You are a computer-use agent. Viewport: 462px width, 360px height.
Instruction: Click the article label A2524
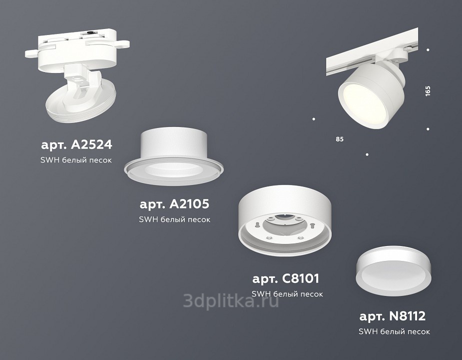point(76,144)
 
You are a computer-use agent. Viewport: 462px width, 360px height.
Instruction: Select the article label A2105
point(174,204)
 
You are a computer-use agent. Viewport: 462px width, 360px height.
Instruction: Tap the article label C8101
point(286,278)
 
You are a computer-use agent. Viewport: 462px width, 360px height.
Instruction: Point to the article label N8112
point(393,316)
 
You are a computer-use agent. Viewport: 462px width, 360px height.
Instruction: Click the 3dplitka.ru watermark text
point(231,300)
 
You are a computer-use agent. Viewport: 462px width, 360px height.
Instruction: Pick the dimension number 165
point(428,90)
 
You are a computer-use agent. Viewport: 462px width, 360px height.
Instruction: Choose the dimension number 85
point(340,139)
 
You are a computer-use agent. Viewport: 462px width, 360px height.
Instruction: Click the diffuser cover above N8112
point(394,270)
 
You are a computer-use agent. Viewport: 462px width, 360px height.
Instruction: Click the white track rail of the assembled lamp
point(372,51)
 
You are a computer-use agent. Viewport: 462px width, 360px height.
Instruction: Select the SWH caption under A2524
point(76,160)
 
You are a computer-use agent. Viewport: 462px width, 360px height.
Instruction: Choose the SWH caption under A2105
point(174,219)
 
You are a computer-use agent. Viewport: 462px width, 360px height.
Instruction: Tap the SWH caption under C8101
point(287,294)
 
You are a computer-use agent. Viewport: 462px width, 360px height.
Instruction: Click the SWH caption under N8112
point(394,331)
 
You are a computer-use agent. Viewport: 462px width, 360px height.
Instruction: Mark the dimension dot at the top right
point(428,50)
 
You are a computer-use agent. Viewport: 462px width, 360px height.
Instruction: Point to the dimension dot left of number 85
point(314,119)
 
